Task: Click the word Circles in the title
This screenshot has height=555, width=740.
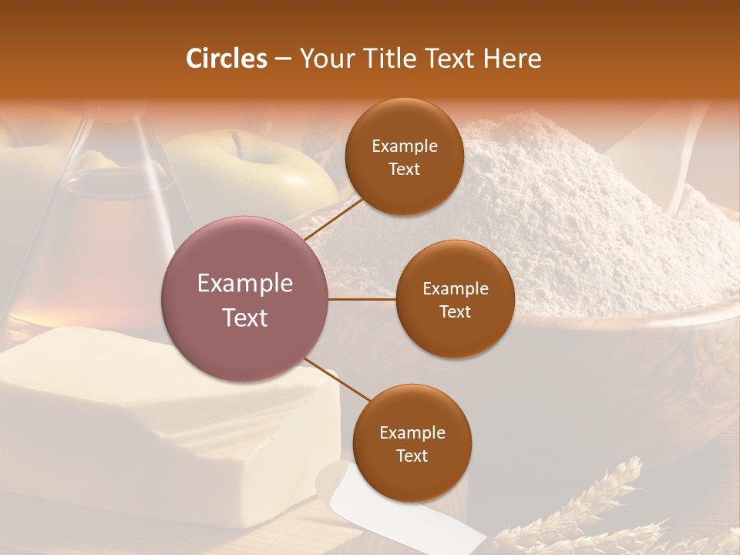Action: point(226,59)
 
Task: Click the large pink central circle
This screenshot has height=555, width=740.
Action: point(245,300)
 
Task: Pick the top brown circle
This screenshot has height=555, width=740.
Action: point(404,156)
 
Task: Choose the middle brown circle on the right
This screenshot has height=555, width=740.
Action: point(455,299)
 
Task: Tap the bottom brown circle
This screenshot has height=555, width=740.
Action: point(412,444)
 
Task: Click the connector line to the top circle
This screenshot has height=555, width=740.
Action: point(335,220)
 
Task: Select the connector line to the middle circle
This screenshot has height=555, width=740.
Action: point(362,299)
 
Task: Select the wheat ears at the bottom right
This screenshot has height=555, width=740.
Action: point(594,509)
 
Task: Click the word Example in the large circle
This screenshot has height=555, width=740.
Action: point(245,284)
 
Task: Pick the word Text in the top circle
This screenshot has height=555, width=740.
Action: point(404,169)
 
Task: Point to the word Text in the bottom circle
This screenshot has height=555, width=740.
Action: point(412,456)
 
